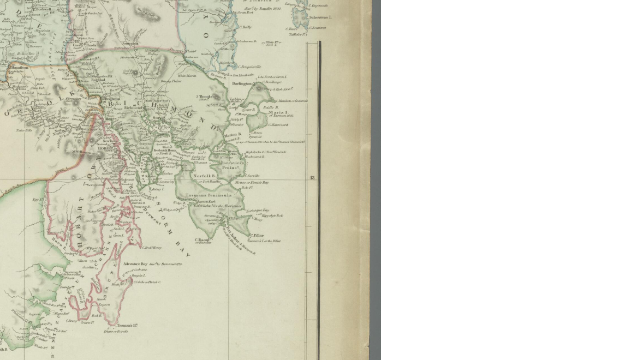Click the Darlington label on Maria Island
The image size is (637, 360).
(x=242, y=83)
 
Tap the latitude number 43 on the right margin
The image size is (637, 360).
(x=312, y=178)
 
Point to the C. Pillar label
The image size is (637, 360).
(x=257, y=236)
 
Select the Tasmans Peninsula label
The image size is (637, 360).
(x=209, y=195)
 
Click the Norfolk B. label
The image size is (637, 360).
(x=204, y=176)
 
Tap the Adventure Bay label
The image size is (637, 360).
(x=135, y=264)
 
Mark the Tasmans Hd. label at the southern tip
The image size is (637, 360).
(x=127, y=326)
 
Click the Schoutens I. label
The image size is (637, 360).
(x=320, y=17)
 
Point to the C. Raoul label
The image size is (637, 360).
(x=202, y=239)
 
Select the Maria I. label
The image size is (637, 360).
(x=278, y=113)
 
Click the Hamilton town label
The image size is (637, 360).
(x=19, y=68)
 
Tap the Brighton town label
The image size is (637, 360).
(x=112, y=99)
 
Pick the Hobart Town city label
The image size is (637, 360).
(x=105, y=148)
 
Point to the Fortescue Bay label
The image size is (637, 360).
(x=257, y=210)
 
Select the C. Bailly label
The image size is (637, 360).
(x=246, y=27)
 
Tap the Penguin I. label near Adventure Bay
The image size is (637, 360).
(x=137, y=275)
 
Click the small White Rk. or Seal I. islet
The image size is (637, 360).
(x=263, y=43)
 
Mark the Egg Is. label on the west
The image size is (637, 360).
(x=38, y=200)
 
